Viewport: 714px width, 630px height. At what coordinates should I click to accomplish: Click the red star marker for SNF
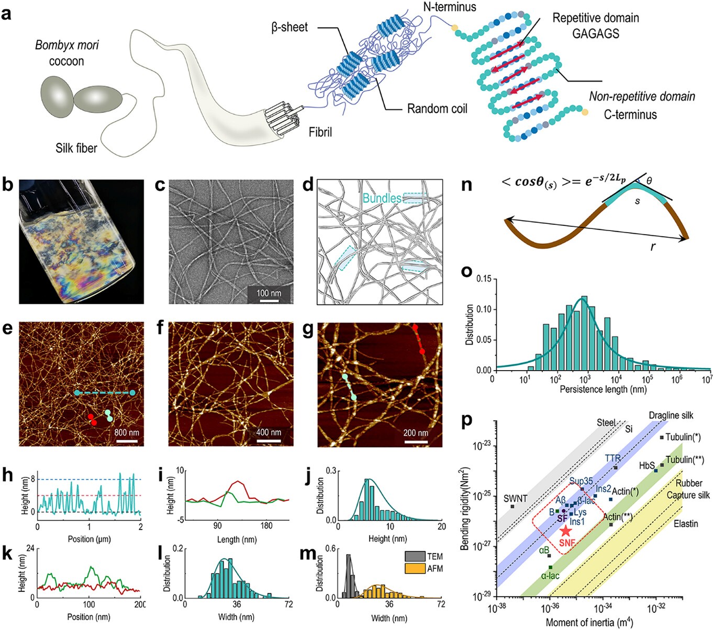pyautogui.click(x=565, y=531)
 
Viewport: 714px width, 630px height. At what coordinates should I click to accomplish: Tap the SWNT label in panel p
pyautogui.click(x=515, y=499)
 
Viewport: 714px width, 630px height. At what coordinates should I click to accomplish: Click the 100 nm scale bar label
pyautogui.click(x=269, y=293)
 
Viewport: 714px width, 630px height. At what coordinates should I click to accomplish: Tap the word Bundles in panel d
pyautogui.click(x=382, y=198)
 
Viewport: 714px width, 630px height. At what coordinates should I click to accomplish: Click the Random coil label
pyautogui.click(x=437, y=109)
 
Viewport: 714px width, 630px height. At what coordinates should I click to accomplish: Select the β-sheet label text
pyautogui.click(x=289, y=27)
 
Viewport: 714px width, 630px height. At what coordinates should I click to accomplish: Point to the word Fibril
pyautogui.click(x=320, y=132)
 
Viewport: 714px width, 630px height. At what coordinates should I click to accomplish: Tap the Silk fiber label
pyautogui.click(x=76, y=148)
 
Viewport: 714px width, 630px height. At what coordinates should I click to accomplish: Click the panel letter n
pyautogui.click(x=465, y=185)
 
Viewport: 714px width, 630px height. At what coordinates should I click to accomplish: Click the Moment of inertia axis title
pyautogui.click(x=589, y=622)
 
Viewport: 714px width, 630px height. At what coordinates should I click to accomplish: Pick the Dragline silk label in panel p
pyautogui.click(x=671, y=415)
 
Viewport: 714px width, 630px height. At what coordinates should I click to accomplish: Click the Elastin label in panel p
pyautogui.click(x=686, y=523)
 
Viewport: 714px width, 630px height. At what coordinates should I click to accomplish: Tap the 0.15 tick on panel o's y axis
pyautogui.click(x=484, y=279)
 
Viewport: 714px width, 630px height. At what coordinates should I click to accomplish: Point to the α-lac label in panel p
pyautogui.click(x=550, y=576)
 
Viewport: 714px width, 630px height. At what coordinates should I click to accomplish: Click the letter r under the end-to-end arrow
pyautogui.click(x=653, y=247)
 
